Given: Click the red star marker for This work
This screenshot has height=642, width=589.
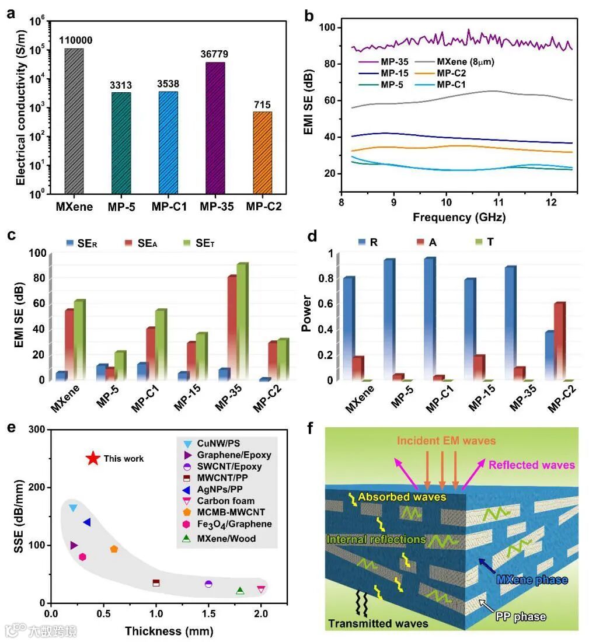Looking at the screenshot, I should (92, 459).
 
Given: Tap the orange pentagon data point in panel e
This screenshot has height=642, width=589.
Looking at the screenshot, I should (114, 549).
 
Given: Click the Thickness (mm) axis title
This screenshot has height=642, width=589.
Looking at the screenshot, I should (169, 631).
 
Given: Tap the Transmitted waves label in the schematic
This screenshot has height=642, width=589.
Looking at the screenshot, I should (378, 624).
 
